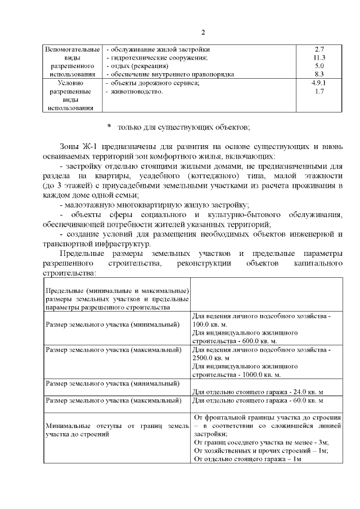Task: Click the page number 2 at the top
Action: [204, 31]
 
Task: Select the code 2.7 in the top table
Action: [319, 49]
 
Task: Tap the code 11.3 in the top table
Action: [319, 57]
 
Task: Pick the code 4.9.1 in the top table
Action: [319, 83]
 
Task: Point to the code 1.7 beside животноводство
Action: [319, 91]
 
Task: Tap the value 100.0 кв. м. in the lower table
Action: [213, 325]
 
